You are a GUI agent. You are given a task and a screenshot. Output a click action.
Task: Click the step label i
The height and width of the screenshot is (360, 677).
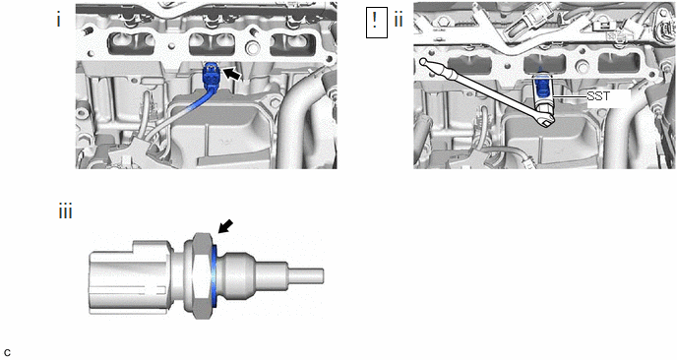point(59,21)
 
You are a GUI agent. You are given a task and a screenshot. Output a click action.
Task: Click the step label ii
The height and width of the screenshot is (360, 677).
point(399,20)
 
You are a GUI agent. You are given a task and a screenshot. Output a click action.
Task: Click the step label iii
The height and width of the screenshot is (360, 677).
point(65,212)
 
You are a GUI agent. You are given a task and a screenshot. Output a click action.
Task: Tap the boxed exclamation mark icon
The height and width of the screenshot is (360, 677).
point(377,22)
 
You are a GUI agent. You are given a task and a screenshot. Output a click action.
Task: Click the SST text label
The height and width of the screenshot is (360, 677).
point(598,96)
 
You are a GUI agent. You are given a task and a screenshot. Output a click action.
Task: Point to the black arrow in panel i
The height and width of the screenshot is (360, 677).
point(232,74)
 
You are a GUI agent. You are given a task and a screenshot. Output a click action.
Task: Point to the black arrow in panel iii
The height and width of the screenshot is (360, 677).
point(225,226)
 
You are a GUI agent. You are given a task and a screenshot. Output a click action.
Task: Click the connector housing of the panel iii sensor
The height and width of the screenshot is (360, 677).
point(129,277)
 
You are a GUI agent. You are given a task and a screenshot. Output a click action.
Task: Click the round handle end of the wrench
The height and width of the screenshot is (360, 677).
point(423,63)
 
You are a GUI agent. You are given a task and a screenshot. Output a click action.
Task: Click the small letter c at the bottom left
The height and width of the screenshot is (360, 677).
point(7,353)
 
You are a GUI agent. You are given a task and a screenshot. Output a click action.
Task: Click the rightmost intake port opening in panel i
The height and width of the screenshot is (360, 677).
point(292,44)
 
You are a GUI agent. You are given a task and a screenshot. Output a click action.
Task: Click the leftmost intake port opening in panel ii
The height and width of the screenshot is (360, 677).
point(470,65)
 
